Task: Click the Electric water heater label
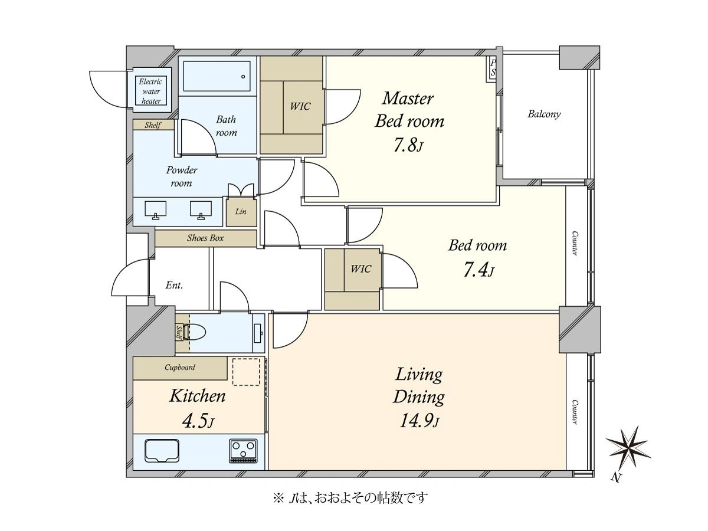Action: click(x=151, y=91)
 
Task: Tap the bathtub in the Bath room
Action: click(x=217, y=77)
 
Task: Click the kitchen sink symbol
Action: click(x=162, y=451)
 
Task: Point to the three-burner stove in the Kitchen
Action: click(x=244, y=451)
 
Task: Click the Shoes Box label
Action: click(x=205, y=238)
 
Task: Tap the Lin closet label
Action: click(x=241, y=211)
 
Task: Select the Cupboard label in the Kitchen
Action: click(x=180, y=367)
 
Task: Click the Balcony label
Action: click(x=544, y=114)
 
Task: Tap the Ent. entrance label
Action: click(x=174, y=285)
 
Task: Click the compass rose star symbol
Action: click(x=628, y=447)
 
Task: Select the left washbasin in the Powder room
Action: click(x=156, y=210)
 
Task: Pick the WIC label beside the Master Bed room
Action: click(x=300, y=106)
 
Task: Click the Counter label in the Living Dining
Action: click(x=575, y=412)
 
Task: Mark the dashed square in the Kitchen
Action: click(x=246, y=372)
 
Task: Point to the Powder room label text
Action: click(x=182, y=176)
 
